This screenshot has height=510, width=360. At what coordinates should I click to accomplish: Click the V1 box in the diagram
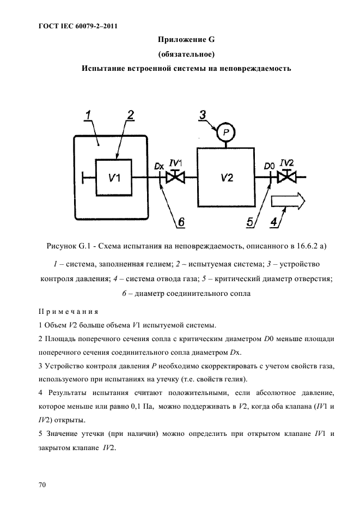click(113, 177)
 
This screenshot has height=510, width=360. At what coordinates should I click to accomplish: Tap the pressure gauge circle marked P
click(224, 132)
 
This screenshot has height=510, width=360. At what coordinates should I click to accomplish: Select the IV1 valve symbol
click(175, 177)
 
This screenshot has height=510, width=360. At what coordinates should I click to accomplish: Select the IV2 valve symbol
click(286, 177)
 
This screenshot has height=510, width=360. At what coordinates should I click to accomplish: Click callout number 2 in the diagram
click(130, 115)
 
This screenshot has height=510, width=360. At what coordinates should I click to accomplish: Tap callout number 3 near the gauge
click(202, 115)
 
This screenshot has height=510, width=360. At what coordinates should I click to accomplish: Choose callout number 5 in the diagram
click(250, 222)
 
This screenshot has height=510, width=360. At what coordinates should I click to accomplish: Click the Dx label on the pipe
click(158, 165)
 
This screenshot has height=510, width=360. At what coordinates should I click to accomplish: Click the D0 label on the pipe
click(269, 165)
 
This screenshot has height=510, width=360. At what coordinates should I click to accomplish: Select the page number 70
click(42, 484)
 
